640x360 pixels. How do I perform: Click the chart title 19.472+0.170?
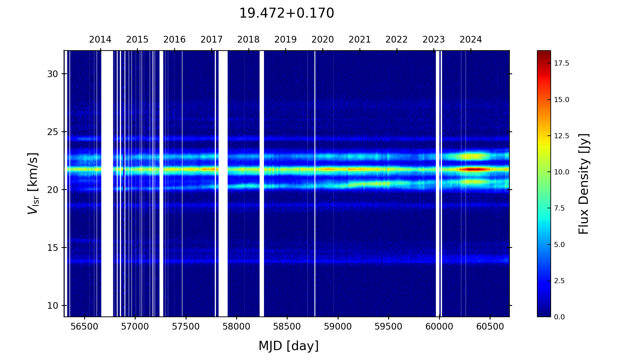pos(286,13)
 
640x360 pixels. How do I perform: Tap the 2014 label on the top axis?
pos(100,40)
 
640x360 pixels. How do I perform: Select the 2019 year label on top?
pos(285,40)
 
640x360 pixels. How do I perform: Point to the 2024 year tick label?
pos(470,40)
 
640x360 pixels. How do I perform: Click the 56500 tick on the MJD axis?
pos(84,327)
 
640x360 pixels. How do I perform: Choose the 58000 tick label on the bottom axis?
pos(236,327)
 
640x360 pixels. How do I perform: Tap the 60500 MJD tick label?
pos(490,327)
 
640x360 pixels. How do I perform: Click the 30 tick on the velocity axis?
pos(52,74)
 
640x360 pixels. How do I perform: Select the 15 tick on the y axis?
pos(52,248)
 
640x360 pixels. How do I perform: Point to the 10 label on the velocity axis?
pos(52,306)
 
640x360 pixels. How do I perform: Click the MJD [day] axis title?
pos(288,346)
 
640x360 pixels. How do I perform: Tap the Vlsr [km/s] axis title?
pos(33,183)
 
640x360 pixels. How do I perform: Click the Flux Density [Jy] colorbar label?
pos(584,184)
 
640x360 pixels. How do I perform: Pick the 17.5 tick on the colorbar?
pos(562,63)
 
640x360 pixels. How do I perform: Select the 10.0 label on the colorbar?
pos(562,172)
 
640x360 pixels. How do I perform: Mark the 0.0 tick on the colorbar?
pos(559,317)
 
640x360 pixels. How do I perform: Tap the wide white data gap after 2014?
pos(107,182)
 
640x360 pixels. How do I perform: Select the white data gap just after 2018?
pos(262,182)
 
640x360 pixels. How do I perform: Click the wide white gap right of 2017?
pos(223,182)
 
